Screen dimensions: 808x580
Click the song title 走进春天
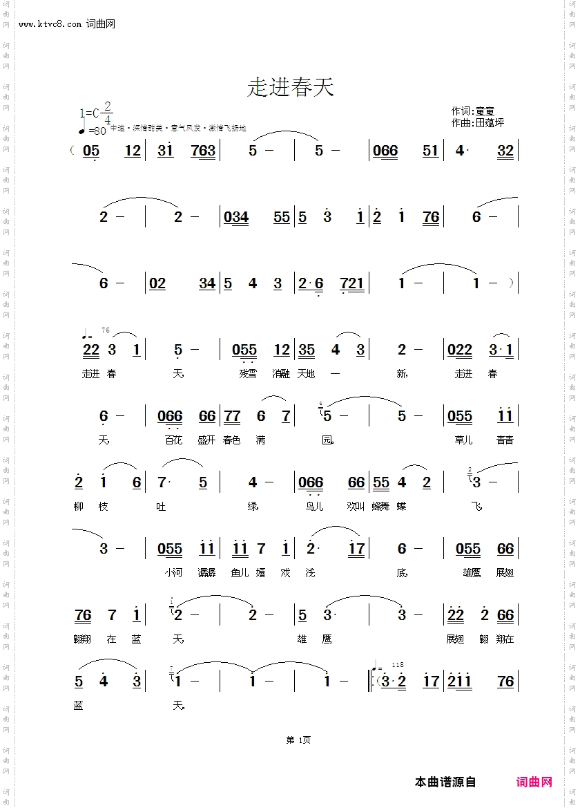click(x=290, y=88)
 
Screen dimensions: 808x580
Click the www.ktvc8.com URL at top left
click(x=51, y=24)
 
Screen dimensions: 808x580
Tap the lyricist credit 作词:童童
click(x=473, y=111)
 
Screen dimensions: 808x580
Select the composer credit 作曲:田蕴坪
click(x=477, y=122)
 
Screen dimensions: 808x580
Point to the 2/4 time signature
click(x=108, y=113)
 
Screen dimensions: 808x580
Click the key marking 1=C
click(x=90, y=113)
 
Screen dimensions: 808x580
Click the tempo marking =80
click(x=97, y=131)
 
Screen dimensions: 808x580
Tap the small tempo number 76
click(x=105, y=330)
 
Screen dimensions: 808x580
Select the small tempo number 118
click(x=397, y=664)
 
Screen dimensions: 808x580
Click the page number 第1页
click(x=298, y=740)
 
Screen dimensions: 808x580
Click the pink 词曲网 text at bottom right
click(x=534, y=782)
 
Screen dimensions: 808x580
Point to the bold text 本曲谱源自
click(x=445, y=782)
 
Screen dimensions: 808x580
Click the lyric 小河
click(x=173, y=573)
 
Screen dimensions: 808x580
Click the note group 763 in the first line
click(x=203, y=151)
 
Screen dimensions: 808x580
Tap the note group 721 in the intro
click(x=352, y=283)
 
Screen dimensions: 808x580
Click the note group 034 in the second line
click(x=236, y=217)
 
